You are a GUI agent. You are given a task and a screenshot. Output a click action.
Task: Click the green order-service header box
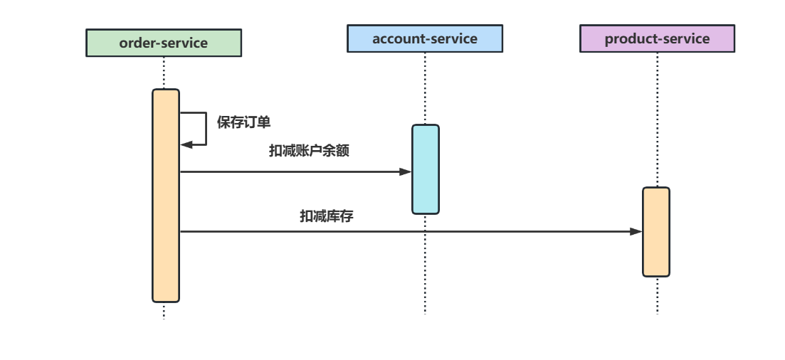point(164,43)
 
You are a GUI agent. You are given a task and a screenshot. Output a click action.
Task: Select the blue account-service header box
point(425,38)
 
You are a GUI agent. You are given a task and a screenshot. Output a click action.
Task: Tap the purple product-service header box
point(657,38)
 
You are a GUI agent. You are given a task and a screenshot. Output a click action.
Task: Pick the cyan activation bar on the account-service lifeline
point(425,169)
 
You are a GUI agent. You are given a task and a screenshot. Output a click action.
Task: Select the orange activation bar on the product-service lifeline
point(656,232)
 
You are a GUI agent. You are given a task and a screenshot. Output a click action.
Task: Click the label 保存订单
point(243,122)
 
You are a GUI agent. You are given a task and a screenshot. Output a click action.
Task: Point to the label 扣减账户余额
point(309,151)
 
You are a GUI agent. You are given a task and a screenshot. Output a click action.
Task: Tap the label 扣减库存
point(326,216)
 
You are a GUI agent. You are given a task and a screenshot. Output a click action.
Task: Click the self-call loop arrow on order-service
point(206,128)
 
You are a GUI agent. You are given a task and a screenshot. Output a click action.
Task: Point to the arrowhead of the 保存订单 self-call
point(186,144)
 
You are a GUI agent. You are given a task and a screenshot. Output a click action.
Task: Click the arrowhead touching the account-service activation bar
point(406,171)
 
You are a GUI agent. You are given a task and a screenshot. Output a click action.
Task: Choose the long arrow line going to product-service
point(406,231)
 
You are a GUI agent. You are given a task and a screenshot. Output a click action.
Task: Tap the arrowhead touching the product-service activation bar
point(636,231)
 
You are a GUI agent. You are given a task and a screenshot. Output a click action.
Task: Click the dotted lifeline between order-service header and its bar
point(164,73)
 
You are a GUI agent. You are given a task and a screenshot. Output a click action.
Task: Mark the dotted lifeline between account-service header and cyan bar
point(425,89)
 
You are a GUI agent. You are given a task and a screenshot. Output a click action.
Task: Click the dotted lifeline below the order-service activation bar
point(164,311)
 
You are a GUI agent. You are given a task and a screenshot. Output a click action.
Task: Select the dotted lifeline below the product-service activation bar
point(657,295)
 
